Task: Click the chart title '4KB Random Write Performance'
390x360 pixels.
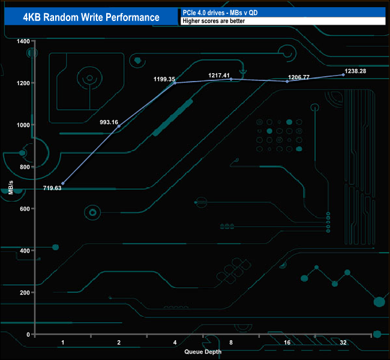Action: [x=91, y=17]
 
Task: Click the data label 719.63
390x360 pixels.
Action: [x=52, y=188]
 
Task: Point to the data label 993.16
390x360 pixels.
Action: [x=109, y=122]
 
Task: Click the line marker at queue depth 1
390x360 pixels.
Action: [x=63, y=183]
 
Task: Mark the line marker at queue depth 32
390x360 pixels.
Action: [x=343, y=74]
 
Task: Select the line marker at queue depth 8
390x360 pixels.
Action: [x=231, y=79]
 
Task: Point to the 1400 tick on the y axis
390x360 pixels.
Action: [x=23, y=41]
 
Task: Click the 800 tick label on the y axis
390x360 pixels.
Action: [x=25, y=167]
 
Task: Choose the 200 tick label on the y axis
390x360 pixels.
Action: [x=25, y=292]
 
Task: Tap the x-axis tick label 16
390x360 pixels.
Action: [x=287, y=342]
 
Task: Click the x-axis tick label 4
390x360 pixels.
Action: [x=175, y=342]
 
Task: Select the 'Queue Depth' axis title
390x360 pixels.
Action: [x=203, y=352]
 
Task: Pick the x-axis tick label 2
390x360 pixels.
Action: [x=119, y=342]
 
